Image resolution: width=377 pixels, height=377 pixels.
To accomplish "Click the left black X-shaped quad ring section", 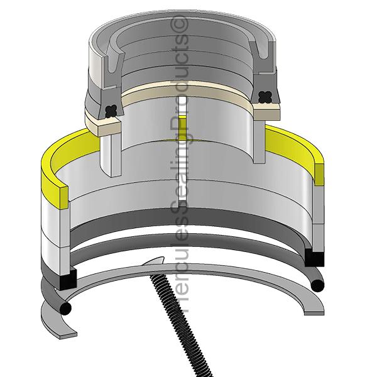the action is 112,111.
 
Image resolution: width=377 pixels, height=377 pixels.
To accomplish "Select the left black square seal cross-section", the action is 68,279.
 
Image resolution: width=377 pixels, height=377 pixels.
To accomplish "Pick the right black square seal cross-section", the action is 314,258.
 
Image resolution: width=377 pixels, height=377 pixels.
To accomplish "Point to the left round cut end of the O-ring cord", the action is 65,308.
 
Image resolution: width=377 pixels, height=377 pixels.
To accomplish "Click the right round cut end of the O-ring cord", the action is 317,286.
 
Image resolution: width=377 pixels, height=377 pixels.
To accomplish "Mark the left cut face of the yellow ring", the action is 63,197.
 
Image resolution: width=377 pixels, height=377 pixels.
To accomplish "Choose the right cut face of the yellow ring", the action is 319,174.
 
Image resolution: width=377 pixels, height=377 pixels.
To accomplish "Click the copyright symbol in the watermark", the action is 179,24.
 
